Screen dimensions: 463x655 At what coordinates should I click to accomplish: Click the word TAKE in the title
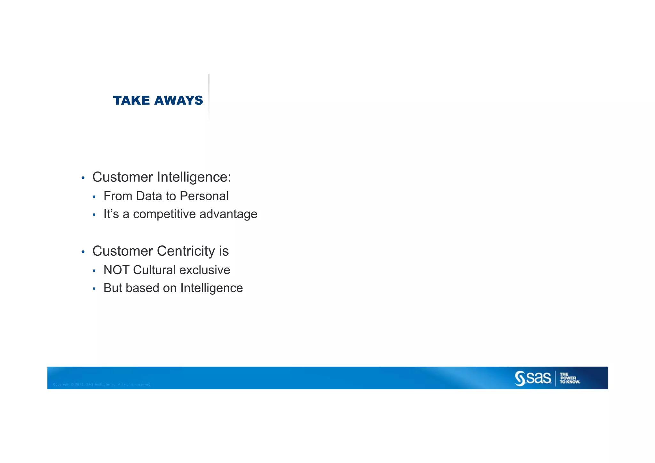tap(131, 100)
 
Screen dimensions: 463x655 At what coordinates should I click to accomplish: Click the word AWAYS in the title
tap(178, 100)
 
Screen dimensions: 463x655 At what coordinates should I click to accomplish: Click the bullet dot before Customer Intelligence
tap(83, 178)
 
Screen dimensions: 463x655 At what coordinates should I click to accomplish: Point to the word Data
tap(149, 196)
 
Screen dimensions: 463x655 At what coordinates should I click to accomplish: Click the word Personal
tap(204, 196)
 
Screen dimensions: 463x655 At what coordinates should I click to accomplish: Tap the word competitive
tap(164, 214)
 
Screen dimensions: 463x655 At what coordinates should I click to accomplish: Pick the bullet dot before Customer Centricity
tap(83, 252)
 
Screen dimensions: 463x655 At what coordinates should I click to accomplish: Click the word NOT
tap(116, 270)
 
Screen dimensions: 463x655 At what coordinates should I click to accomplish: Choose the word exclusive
tap(205, 270)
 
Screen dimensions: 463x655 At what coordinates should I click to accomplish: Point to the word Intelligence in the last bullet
tap(211, 288)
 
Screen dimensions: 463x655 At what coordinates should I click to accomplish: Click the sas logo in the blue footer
tap(533, 378)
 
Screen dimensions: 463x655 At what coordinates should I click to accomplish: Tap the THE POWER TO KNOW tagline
tap(570, 378)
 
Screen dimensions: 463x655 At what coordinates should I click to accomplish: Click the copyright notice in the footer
tap(102, 384)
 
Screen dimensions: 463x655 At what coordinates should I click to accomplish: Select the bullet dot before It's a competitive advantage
tap(94, 215)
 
